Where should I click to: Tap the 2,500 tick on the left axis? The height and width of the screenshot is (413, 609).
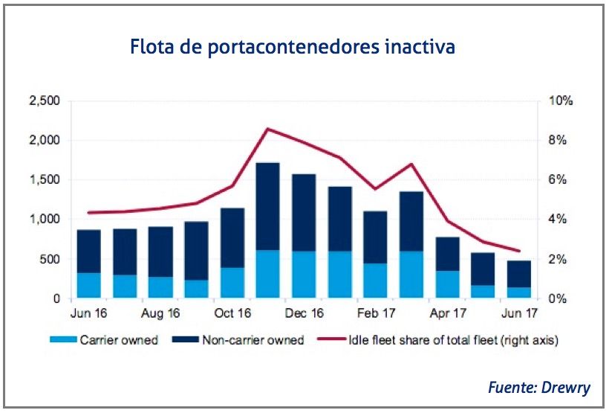[45, 100]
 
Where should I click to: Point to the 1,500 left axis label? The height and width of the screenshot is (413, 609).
[45, 180]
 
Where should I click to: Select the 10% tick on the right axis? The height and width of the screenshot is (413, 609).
[558, 100]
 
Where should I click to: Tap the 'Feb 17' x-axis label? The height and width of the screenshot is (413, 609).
[375, 313]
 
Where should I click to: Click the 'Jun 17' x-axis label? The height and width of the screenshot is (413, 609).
[519, 313]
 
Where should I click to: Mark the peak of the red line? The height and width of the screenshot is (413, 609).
[267, 129]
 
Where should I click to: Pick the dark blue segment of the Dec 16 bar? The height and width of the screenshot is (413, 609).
[304, 212]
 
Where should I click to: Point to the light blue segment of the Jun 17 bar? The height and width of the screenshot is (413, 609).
[519, 292]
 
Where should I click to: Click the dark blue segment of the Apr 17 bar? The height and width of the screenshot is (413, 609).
[447, 254]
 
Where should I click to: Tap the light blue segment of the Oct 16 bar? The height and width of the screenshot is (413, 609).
[232, 283]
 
